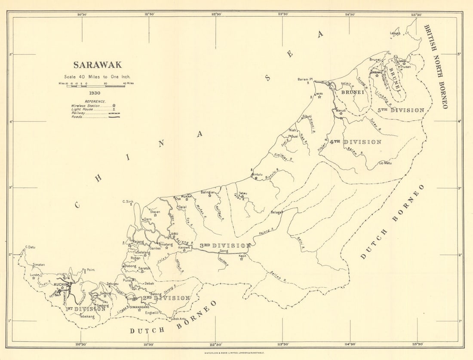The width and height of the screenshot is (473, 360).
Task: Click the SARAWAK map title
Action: pos(97,65)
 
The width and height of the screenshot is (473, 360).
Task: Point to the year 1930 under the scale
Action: pos(95,93)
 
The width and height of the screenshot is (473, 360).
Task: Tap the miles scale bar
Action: pos(95,86)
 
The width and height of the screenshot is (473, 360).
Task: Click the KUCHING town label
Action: pos(62,284)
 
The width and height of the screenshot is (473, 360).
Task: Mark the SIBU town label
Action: pos(174,234)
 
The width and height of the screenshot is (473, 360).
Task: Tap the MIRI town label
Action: pos(319,94)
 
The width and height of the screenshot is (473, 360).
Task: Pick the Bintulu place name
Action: pos(257,174)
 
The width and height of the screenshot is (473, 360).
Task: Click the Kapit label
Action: pos(243,256)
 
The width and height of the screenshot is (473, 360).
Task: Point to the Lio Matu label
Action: pos(385,163)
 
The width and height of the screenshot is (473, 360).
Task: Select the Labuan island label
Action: pos(395,33)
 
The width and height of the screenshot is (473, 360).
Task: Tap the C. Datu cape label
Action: pos(30,247)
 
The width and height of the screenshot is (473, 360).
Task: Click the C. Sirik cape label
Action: pos(128,201)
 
